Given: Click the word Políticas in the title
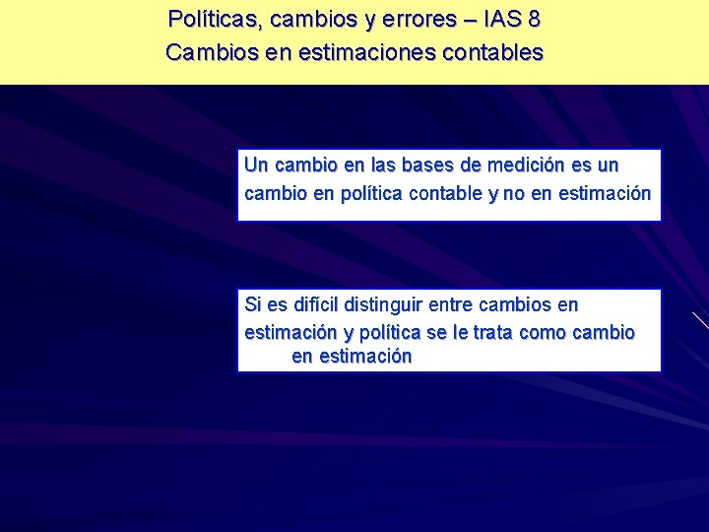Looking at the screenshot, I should (207, 19).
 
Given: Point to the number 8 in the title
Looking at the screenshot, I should (534, 19).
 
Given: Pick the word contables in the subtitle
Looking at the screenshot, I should (496, 52).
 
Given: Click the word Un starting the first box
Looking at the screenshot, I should (255, 165).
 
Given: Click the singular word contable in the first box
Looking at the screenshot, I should (445, 193).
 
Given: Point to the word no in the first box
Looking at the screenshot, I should (513, 193).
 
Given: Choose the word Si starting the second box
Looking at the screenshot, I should (252, 305).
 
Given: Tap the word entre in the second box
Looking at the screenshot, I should (450, 305).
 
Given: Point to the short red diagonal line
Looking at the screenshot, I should (700, 319).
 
